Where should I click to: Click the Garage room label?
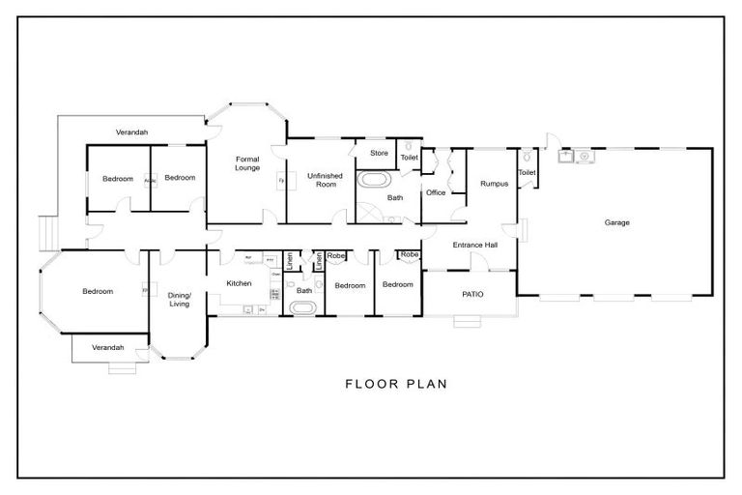(617, 222)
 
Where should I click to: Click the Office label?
(436, 192)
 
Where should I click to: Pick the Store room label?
(379, 153)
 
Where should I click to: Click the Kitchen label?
(239, 283)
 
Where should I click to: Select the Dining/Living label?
(181, 299)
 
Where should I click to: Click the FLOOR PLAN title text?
(396, 384)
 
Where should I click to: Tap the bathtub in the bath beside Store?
(375, 180)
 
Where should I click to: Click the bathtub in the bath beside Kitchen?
(303, 308)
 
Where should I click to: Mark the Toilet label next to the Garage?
(527, 173)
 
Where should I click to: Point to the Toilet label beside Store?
(409, 157)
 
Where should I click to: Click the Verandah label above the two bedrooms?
(132, 131)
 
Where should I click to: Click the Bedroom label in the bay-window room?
(98, 291)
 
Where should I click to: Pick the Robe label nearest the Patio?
(409, 254)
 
